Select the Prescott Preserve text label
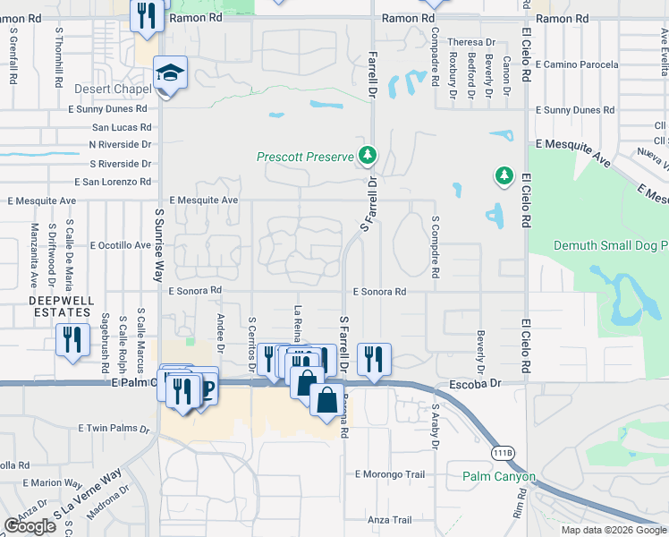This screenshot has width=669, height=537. pos(306,157)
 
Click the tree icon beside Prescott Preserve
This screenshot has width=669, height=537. pos(367,155)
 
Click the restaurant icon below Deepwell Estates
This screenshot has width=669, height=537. pos(72,340)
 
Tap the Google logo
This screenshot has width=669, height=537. pos(30,526)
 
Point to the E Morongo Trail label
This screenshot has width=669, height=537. pos(389,473)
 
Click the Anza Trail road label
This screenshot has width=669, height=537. pos(389,520)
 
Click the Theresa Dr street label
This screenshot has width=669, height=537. pos(471,42)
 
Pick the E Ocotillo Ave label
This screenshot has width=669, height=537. pos(112,245)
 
